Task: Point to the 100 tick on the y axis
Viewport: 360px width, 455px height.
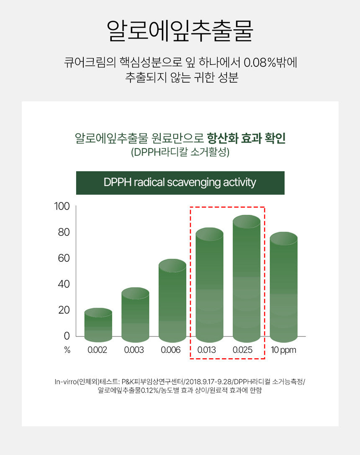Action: click(62, 207)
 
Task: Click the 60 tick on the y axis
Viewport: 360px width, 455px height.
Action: click(64, 258)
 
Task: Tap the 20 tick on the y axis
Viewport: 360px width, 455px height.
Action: click(64, 310)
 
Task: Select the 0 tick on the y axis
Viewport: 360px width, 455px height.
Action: click(67, 336)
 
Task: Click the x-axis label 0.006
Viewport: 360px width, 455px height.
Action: click(171, 350)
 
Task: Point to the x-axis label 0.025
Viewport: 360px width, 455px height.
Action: click(243, 350)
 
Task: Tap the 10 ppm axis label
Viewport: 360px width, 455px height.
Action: click(283, 350)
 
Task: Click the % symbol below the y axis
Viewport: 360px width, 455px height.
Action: click(67, 350)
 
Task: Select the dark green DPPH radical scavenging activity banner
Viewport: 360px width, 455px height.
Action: click(180, 183)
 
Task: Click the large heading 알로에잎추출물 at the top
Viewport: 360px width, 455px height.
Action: click(180, 30)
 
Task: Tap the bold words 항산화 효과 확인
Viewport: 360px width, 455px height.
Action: click(246, 138)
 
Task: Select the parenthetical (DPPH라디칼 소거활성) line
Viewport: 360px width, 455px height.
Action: click(180, 152)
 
